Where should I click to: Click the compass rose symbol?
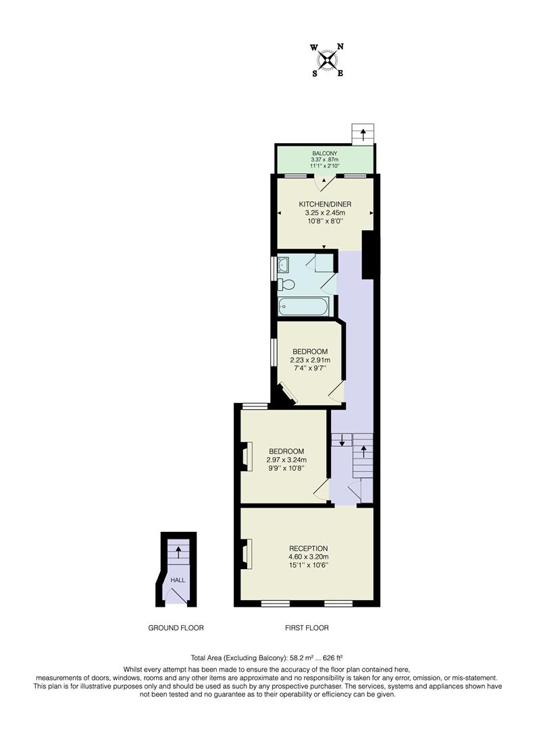coord(328,59)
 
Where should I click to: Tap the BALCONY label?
coord(324,153)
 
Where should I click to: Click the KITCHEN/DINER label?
coord(325,204)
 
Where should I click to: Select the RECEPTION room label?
coord(308,548)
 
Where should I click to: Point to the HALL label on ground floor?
coord(177,580)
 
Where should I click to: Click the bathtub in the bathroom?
coord(305,306)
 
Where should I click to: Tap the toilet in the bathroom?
coord(286,284)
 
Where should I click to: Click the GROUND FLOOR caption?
coord(176,628)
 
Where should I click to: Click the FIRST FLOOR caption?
coord(307,628)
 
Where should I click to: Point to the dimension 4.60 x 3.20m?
coord(308,557)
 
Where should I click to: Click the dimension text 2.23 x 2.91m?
coord(310,360)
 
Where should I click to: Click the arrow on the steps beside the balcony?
coord(363,134)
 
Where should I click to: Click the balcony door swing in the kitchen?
coord(327,182)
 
